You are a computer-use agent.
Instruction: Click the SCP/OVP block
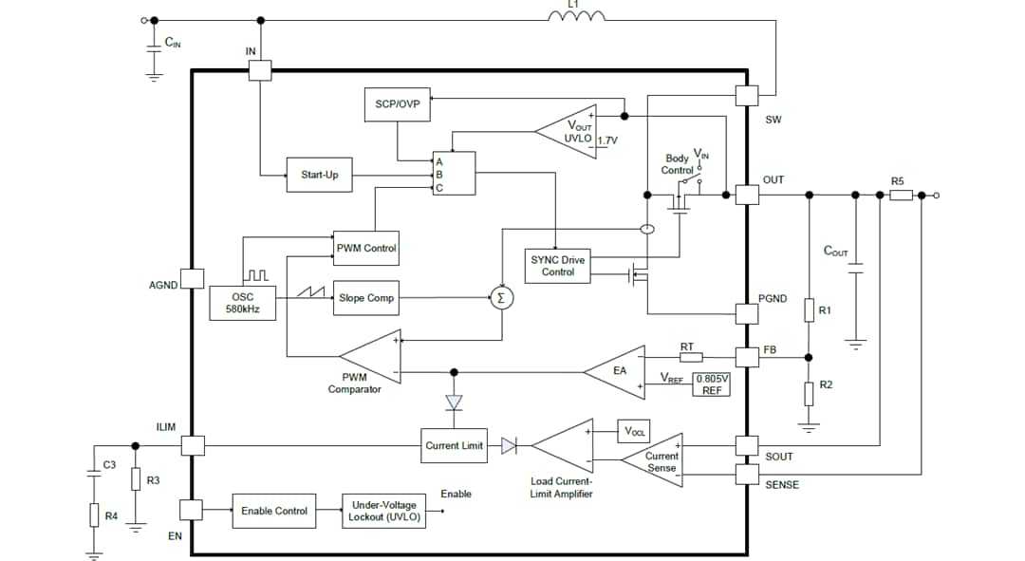397,104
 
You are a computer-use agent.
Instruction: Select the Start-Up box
319,175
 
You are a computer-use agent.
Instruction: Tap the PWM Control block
366,248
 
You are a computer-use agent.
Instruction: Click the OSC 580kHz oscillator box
242,302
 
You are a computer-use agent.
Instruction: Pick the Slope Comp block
366,298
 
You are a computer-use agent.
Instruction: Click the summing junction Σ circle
502,298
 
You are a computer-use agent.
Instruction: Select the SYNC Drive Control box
557,266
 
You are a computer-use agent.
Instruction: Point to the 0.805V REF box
712,383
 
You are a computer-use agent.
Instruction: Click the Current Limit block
454,445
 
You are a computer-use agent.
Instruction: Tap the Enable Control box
273,511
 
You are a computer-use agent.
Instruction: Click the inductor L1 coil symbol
576,17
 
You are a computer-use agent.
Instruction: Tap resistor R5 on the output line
901,196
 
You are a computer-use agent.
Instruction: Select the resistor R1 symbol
809,310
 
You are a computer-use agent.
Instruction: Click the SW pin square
747,96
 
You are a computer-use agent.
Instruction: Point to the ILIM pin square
193,445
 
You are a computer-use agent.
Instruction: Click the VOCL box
633,431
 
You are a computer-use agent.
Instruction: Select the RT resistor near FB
690,357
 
